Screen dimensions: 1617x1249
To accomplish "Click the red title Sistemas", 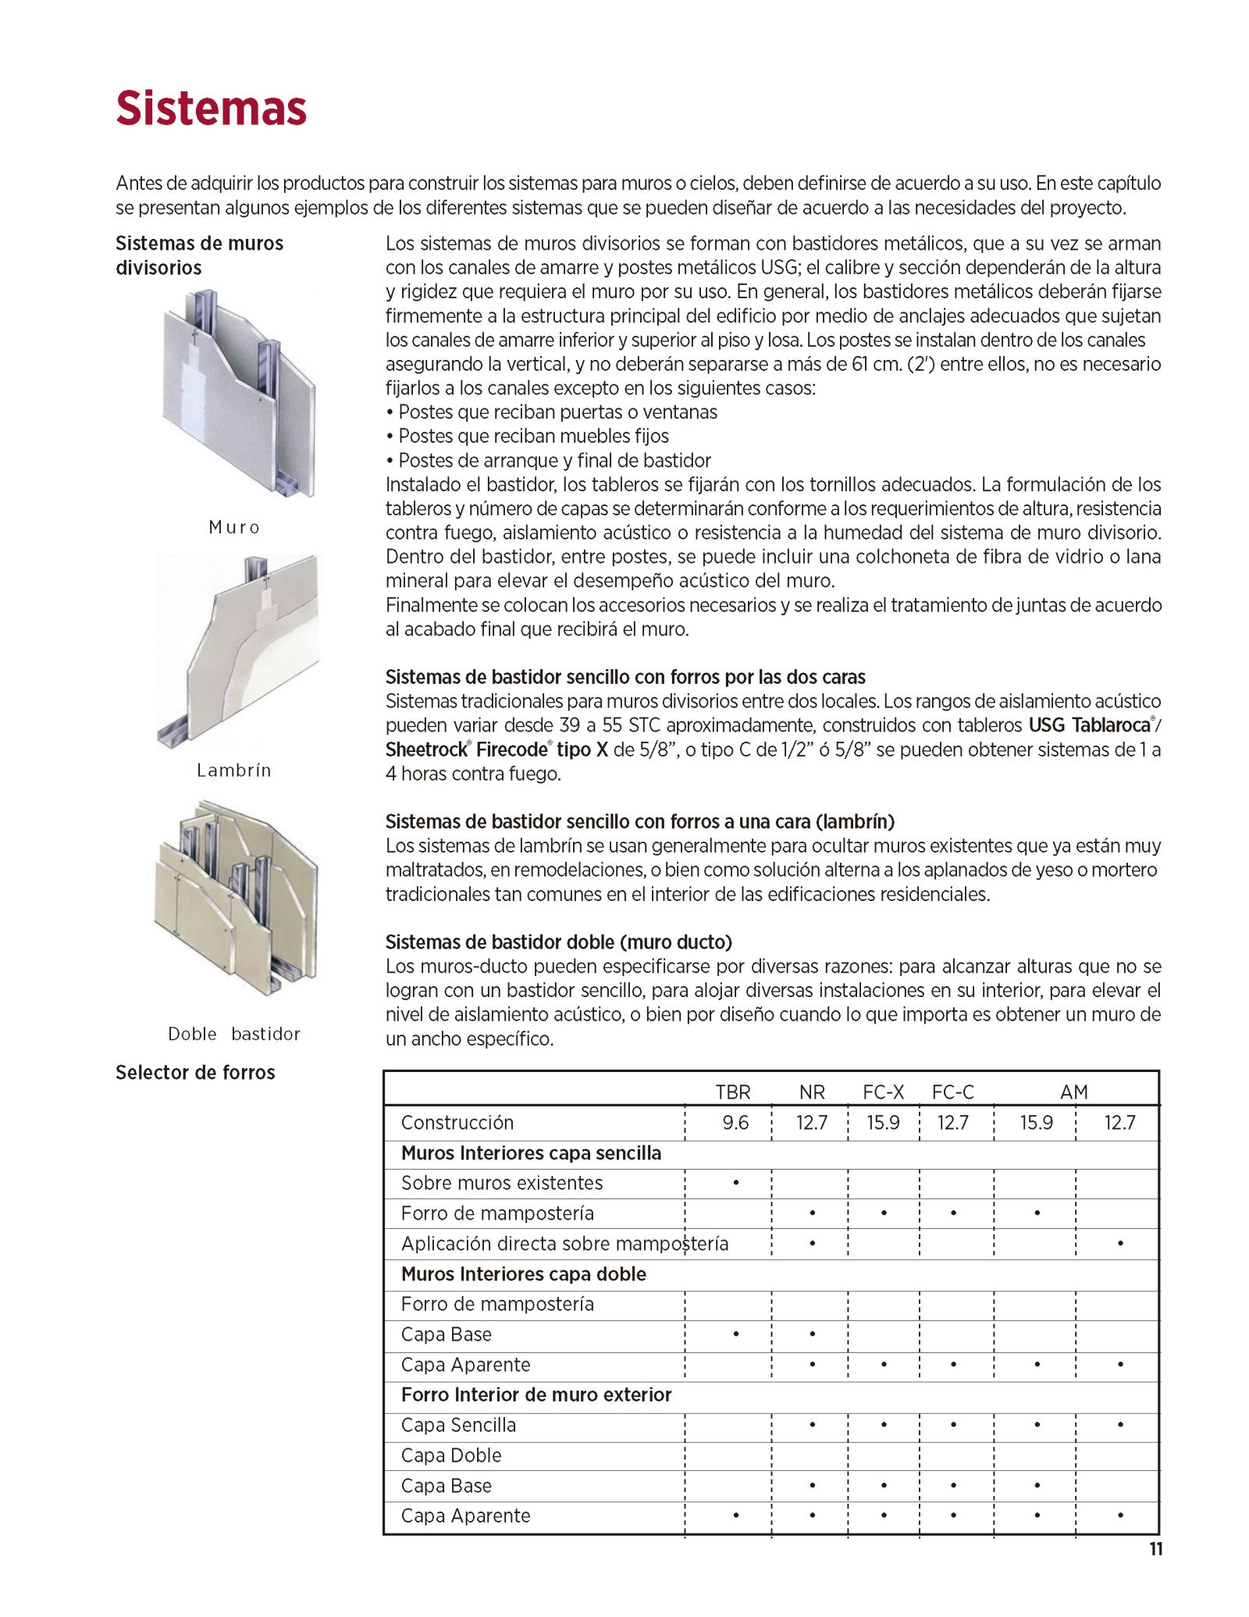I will pos(211,108).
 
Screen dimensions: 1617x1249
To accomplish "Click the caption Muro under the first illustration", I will pos(234,528).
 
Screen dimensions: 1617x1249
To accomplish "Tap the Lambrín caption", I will pos(234,771).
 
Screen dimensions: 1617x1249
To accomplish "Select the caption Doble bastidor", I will pos(234,1034).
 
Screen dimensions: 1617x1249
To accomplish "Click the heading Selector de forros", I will pos(195,1073).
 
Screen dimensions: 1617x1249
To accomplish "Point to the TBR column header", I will pos(733,1092).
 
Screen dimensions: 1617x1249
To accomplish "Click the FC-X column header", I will pos(883,1092).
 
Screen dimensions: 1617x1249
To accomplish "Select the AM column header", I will pos(1074,1092).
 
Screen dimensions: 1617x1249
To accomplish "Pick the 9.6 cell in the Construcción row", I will pos(735,1123).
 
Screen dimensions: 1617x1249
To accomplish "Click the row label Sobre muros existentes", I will pos(502,1183).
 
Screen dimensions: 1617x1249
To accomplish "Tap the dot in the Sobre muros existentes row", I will pos(736,1183).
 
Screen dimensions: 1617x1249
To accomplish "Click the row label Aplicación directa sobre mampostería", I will pos(564,1244).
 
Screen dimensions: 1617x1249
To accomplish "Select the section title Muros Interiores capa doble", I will pos(524,1274).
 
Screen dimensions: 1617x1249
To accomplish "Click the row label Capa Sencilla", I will pos(458,1425).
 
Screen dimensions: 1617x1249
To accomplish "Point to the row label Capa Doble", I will pos(451,1455).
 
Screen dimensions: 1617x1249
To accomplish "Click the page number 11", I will pos(1156,1550).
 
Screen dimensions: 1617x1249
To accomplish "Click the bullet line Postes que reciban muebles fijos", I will pos(533,436).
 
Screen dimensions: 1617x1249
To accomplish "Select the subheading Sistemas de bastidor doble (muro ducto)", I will pos(559,942).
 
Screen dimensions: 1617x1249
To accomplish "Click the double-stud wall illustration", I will pos(237,898).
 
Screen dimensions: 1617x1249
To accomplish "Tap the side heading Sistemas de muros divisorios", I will pos(199,255).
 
